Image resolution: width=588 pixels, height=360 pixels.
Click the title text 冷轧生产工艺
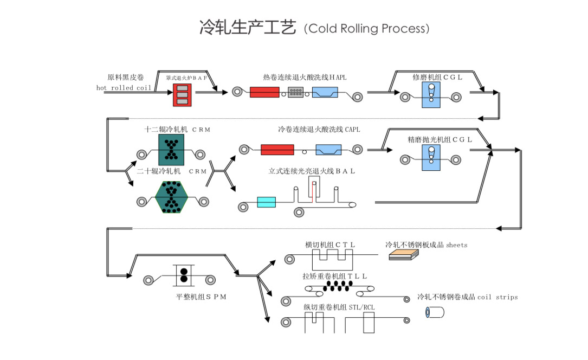(x=248, y=28)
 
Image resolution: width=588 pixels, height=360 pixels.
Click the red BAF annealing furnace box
(x=182, y=95)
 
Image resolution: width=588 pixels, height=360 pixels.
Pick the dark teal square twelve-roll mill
(x=172, y=150)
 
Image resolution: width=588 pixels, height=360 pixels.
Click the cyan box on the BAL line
(x=266, y=202)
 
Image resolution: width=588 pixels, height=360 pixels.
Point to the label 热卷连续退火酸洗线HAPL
(x=305, y=78)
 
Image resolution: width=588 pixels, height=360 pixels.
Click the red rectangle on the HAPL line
(x=264, y=92)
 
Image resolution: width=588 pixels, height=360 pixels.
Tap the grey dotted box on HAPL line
(x=296, y=93)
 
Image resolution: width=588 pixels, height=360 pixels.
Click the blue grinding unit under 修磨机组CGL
(x=432, y=96)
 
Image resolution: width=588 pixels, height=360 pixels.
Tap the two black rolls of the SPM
(x=184, y=275)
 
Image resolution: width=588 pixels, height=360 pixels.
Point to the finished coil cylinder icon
(x=435, y=312)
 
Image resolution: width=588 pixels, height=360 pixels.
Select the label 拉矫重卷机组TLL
(x=335, y=276)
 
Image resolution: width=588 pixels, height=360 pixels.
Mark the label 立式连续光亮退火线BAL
(x=312, y=171)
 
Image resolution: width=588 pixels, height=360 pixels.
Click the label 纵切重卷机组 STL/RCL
(x=339, y=307)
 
